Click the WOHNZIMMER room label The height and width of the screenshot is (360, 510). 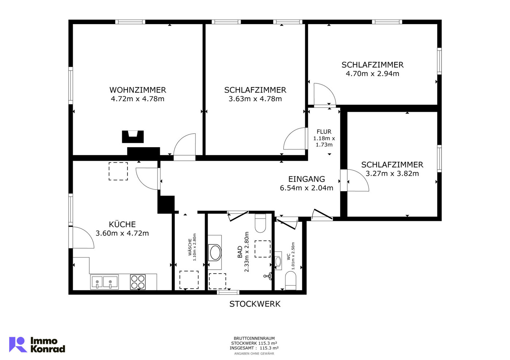coord(137,90)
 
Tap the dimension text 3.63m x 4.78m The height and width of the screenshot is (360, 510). coord(255,99)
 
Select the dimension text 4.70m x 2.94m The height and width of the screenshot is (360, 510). coord(372,74)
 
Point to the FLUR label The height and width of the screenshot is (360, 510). coord(324,132)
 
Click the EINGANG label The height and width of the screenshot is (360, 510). coord(306,179)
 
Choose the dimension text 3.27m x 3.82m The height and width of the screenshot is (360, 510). coord(392,174)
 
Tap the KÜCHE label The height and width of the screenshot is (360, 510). coord(122,224)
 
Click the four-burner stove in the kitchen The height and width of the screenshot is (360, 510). coord(138,282)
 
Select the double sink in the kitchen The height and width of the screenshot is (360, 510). coord(104,282)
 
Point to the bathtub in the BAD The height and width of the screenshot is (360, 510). coord(215,253)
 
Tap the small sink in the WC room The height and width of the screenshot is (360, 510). coord(278,261)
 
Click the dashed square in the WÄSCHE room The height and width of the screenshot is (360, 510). coord(189,280)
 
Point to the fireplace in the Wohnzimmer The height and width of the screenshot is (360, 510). coord(133,137)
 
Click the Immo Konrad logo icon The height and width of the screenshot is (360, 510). coord(18,344)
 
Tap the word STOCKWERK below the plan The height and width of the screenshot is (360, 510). coord(255,304)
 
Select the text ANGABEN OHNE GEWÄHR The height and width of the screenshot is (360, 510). coord(254,353)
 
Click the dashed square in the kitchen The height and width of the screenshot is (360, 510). coord(118,171)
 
